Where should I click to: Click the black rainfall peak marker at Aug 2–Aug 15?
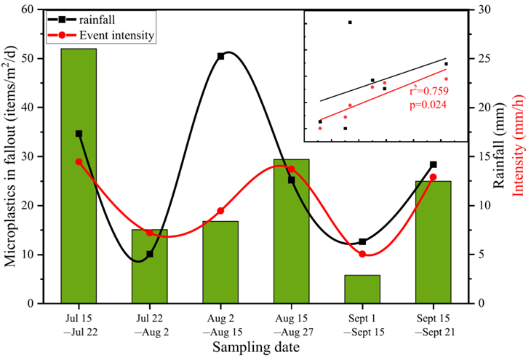coord(220,56)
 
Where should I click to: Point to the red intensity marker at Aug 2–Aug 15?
coord(220,211)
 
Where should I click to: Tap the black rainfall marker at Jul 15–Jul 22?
coord(79,134)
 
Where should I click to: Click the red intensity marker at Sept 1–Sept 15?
coord(362,254)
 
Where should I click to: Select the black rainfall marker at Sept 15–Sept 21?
coord(433,164)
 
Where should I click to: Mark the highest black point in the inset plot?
coord(350,23)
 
